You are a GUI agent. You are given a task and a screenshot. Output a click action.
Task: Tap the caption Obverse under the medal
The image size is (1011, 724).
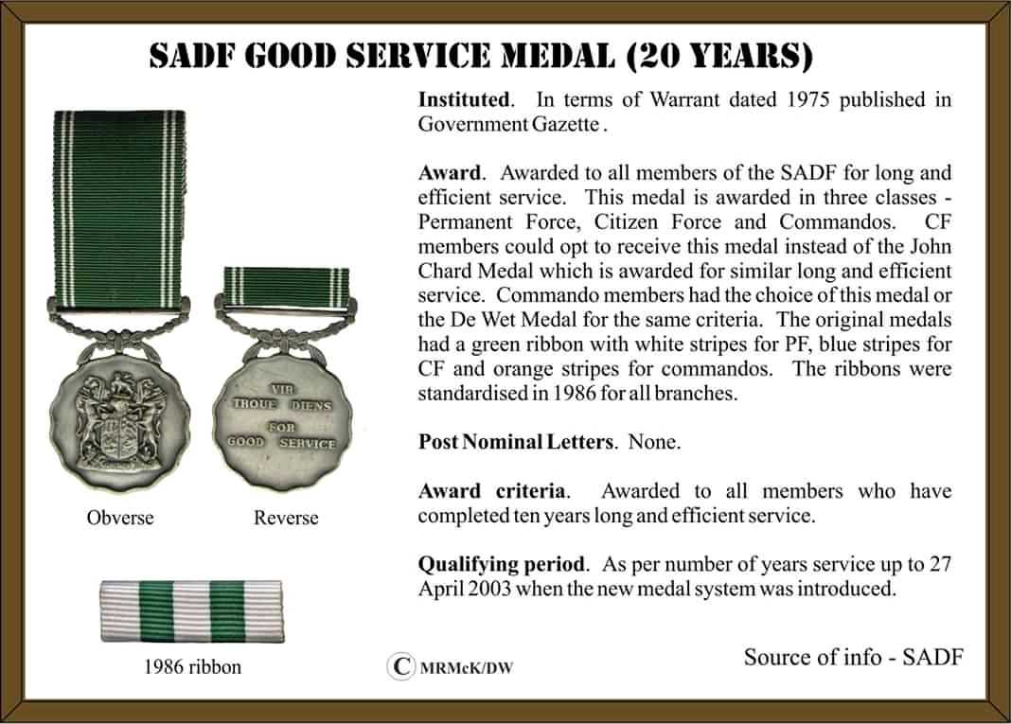120,518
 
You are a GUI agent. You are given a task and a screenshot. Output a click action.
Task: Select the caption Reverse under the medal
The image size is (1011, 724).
286,518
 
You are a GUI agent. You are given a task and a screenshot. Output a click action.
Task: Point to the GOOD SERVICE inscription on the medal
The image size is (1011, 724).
282,442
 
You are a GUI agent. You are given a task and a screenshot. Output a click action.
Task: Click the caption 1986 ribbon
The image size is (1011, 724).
193,666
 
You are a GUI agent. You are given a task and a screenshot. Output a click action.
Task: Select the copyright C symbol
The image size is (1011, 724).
401,666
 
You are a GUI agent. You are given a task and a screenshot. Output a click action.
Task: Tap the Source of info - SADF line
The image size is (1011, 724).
853,657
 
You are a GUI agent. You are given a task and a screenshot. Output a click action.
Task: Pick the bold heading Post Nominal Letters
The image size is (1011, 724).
516,442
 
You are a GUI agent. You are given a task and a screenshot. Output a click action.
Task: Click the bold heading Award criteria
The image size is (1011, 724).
492,491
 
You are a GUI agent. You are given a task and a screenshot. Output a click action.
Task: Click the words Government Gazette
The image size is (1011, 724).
509,124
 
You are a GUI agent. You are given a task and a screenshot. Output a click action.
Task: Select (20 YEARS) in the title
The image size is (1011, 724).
719,58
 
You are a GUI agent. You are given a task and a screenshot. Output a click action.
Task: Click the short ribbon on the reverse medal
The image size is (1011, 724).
286,281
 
